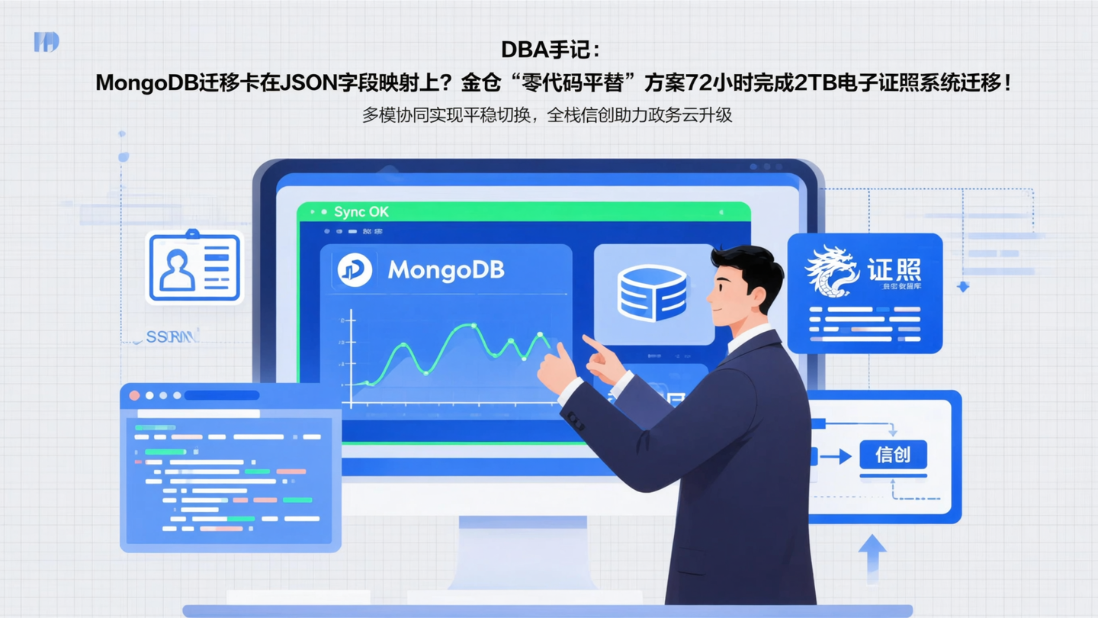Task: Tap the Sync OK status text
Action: tap(361, 211)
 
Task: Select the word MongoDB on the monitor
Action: tap(445, 270)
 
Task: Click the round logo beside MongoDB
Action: tap(355, 269)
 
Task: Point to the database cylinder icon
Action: tap(652, 292)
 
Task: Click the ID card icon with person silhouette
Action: tap(194, 268)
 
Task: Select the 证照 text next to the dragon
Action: tap(894, 270)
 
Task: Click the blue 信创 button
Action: tap(893, 455)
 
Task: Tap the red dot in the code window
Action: tap(134, 395)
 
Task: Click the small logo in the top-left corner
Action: tap(47, 42)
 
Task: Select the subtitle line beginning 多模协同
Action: tap(547, 115)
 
